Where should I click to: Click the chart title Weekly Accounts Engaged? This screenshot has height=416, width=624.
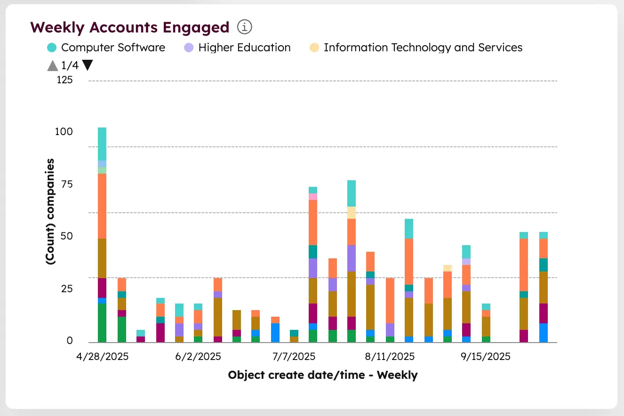click(129, 27)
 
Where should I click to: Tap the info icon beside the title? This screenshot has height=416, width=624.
click(245, 27)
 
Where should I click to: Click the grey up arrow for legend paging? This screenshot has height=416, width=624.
click(53, 65)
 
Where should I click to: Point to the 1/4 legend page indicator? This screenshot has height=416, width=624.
click(70, 65)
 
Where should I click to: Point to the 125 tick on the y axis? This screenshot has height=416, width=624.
click(65, 80)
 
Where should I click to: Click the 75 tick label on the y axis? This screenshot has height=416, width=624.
click(67, 184)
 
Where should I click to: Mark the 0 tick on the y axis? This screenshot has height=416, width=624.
click(70, 341)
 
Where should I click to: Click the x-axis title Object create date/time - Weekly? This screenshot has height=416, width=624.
click(322, 375)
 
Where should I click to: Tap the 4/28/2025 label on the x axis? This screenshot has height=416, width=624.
click(103, 357)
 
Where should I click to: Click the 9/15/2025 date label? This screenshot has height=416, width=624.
click(485, 357)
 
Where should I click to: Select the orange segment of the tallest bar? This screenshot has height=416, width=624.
click(102, 206)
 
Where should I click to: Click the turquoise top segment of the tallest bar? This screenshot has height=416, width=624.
click(102, 144)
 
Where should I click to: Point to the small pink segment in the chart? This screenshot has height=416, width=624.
click(313, 197)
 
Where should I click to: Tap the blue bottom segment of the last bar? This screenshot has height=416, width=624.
click(544, 332)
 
